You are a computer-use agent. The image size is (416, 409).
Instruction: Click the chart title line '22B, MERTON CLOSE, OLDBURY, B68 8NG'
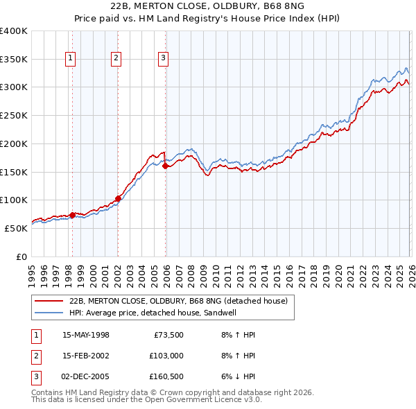click(207, 6)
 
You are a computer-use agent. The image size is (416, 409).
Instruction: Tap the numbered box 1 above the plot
click(71, 59)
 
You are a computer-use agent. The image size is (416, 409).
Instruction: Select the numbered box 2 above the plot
click(116, 59)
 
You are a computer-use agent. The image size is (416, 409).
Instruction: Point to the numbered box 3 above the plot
click(164, 59)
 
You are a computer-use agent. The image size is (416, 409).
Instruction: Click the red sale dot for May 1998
click(72, 215)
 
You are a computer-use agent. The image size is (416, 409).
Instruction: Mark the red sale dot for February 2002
click(118, 198)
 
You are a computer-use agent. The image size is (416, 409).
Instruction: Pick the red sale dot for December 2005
click(165, 166)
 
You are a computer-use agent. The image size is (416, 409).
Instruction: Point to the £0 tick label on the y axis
click(20, 256)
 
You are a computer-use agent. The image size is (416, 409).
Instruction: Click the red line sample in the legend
click(49, 301)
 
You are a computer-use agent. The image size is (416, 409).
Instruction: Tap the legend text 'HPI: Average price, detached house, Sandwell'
click(163, 313)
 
